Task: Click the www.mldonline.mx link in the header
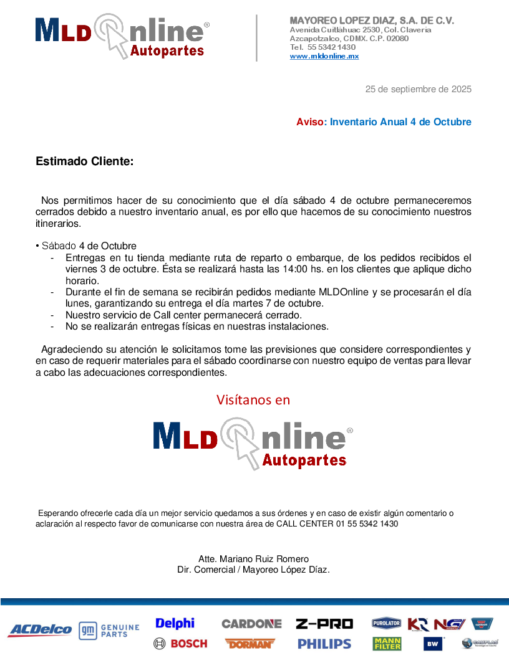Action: (324, 56)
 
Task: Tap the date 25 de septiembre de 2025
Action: (418, 89)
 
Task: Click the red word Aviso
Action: (310, 122)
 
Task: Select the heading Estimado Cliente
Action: (84, 161)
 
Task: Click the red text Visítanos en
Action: (253, 399)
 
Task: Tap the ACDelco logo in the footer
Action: (40, 630)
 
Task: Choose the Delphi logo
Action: (175, 623)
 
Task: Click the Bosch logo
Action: (180, 644)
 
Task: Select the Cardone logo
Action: (251, 624)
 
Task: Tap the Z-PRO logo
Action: (324, 624)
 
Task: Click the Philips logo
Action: (324, 644)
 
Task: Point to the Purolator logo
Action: (386, 623)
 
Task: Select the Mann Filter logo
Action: (387, 644)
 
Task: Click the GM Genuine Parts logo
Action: (109, 631)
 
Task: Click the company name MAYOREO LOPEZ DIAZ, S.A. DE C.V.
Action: (372, 21)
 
